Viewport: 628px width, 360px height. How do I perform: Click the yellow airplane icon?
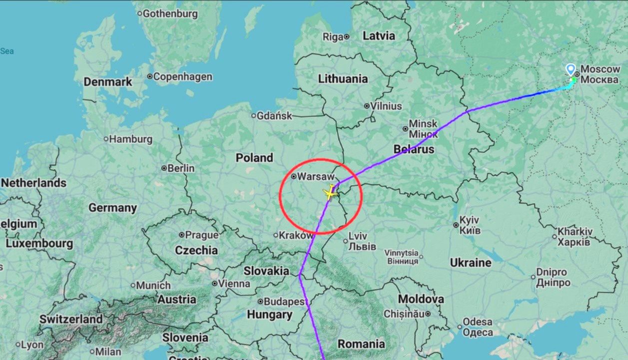tap(330, 192)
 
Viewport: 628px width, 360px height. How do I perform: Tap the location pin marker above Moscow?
tap(571, 69)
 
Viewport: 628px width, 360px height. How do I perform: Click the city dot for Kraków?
tap(275, 235)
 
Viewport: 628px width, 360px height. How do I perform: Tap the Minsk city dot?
tap(405, 128)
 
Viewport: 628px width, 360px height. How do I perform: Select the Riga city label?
tap(333, 36)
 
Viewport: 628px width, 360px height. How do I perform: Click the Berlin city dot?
tap(164, 169)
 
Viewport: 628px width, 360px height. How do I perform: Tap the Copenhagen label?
tap(182, 77)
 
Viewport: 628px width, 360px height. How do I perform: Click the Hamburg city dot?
tap(105, 139)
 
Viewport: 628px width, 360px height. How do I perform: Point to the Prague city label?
tap(202, 235)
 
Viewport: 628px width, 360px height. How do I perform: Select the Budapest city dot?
tap(260, 302)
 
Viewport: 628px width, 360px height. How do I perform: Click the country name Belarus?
tap(414, 149)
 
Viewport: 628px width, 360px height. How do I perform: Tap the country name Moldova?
tap(421, 299)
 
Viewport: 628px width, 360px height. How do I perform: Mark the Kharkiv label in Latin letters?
tap(575, 232)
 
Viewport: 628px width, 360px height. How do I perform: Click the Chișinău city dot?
tap(428, 314)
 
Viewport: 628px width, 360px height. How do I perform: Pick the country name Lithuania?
tap(343, 78)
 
